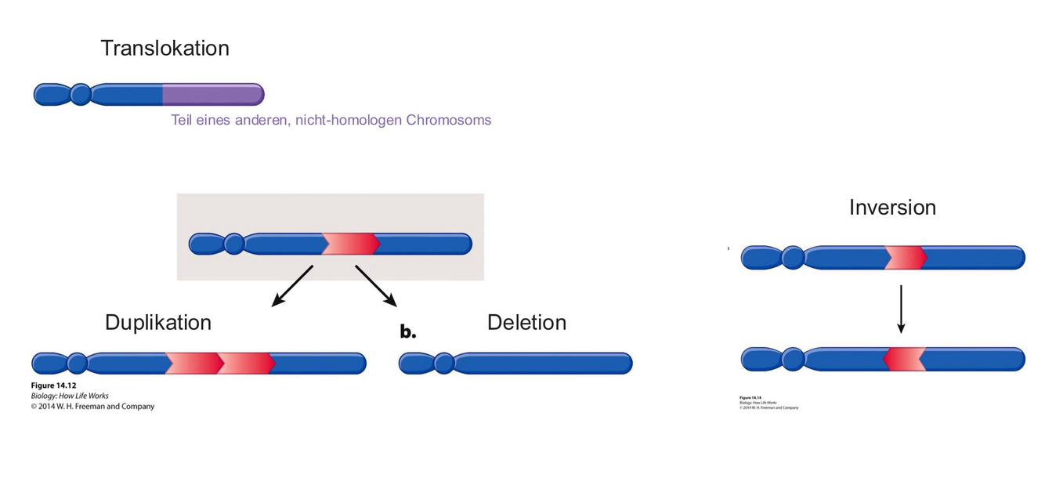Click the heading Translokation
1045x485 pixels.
(x=165, y=49)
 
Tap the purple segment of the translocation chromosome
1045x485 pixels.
(x=212, y=95)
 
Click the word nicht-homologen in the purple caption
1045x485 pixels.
(x=349, y=120)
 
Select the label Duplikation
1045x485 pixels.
(x=158, y=322)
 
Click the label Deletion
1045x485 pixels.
(x=526, y=322)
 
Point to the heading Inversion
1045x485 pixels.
(x=892, y=208)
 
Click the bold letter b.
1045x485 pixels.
(x=408, y=331)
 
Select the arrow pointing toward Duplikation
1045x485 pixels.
(x=292, y=286)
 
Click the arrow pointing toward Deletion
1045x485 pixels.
(x=376, y=286)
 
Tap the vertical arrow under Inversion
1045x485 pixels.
(x=901, y=309)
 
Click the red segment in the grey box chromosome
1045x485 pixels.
(x=351, y=244)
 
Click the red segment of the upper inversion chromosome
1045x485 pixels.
(x=906, y=258)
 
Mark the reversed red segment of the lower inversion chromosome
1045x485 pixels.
(x=904, y=359)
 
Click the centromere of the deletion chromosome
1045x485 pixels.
(x=444, y=364)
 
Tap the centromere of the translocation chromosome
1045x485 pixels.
(x=81, y=95)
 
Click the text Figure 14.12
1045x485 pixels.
(x=53, y=385)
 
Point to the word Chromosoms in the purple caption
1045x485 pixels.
(x=448, y=120)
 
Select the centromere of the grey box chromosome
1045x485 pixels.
(x=234, y=244)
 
